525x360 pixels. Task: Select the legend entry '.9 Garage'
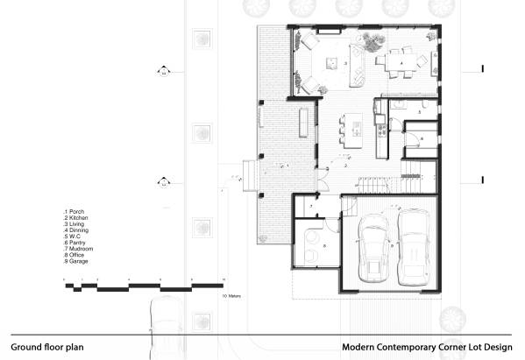point(77,262)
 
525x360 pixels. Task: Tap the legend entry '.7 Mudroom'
point(80,250)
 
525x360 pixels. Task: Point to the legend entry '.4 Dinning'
point(78,231)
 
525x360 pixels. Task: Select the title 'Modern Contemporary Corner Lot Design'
point(427,346)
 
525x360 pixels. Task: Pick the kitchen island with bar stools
point(357,134)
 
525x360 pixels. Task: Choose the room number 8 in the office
point(323,246)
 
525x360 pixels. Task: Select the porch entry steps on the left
point(247,174)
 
